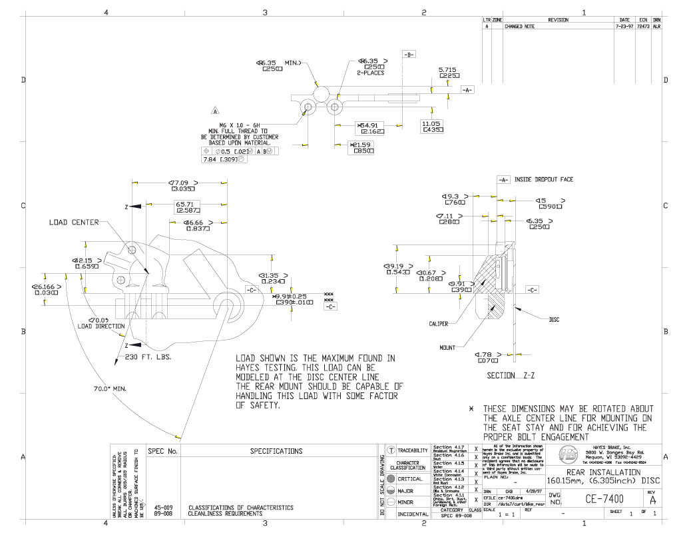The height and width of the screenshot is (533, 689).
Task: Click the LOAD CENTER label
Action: pos(73,223)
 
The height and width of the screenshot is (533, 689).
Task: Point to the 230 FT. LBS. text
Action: pos(148,357)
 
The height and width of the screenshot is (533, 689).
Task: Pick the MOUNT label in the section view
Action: pos(447,348)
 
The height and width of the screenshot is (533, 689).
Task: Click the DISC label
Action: pos(554,320)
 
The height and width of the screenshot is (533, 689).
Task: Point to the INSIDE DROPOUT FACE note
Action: pos(543,180)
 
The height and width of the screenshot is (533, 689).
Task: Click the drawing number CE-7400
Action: pos(604,499)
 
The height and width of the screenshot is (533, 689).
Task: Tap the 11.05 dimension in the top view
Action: pos(431,124)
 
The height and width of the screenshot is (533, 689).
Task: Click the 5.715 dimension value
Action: pos(447,69)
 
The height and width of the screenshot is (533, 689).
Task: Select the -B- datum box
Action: pos(409,54)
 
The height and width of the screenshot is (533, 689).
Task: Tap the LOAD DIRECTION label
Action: pos(101,326)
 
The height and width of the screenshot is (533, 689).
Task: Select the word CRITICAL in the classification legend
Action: pos(410,479)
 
